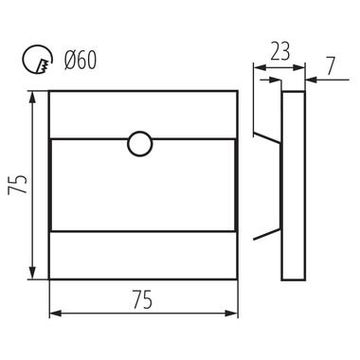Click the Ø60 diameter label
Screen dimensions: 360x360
click(x=80, y=60)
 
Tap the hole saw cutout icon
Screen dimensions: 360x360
click(x=37, y=60)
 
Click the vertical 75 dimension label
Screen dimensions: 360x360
click(x=17, y=185)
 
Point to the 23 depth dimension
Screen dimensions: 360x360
click(x=279, y=51)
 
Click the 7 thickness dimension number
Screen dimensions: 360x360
click(x=331, y=66)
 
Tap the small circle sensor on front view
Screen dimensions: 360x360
click(x=140, y=144)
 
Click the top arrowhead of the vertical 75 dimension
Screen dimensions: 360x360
click(x=32, y=98)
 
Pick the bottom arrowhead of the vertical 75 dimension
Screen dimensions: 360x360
click(x=32, y=273)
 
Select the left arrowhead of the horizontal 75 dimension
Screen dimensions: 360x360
click(x=56, y=314)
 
